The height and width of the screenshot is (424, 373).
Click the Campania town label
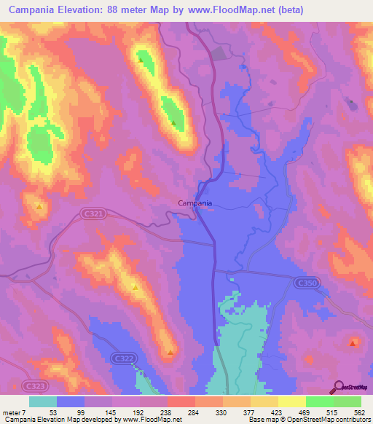click(195, 204)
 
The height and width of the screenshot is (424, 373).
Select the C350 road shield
click(305, 281)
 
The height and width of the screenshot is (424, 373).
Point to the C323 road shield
click(31, 384)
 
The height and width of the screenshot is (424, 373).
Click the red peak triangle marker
click(353, 342)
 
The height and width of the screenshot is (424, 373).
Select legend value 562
click(358, 412)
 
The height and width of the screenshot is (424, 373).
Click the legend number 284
click(193, 412)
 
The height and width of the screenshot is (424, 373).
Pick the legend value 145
click(110, 412)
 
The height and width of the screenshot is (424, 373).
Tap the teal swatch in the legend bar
click(42, 401)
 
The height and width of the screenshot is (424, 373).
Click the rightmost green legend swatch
click(348, 401)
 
